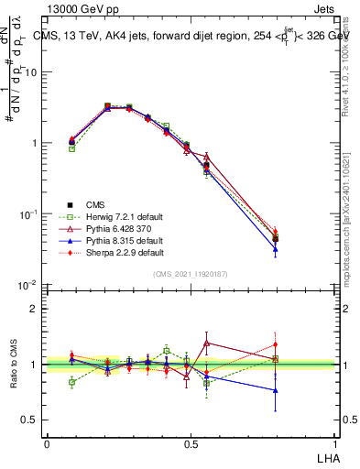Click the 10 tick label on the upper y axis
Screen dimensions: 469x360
coord(32,72)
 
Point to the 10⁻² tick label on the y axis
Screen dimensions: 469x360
coord(29,286)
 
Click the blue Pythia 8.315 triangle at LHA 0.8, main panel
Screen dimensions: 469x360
coord(275,248)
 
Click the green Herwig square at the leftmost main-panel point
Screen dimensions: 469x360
coord(72,148)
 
